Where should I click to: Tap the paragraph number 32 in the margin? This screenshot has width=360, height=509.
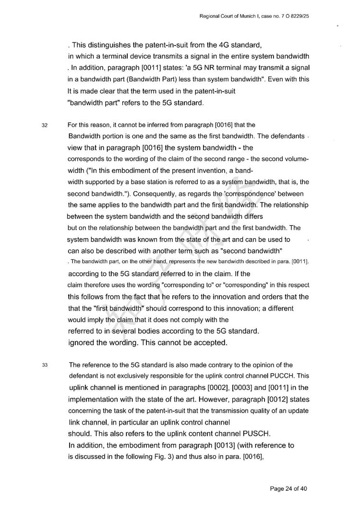44,126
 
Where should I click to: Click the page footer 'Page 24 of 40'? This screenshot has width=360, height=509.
288,489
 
